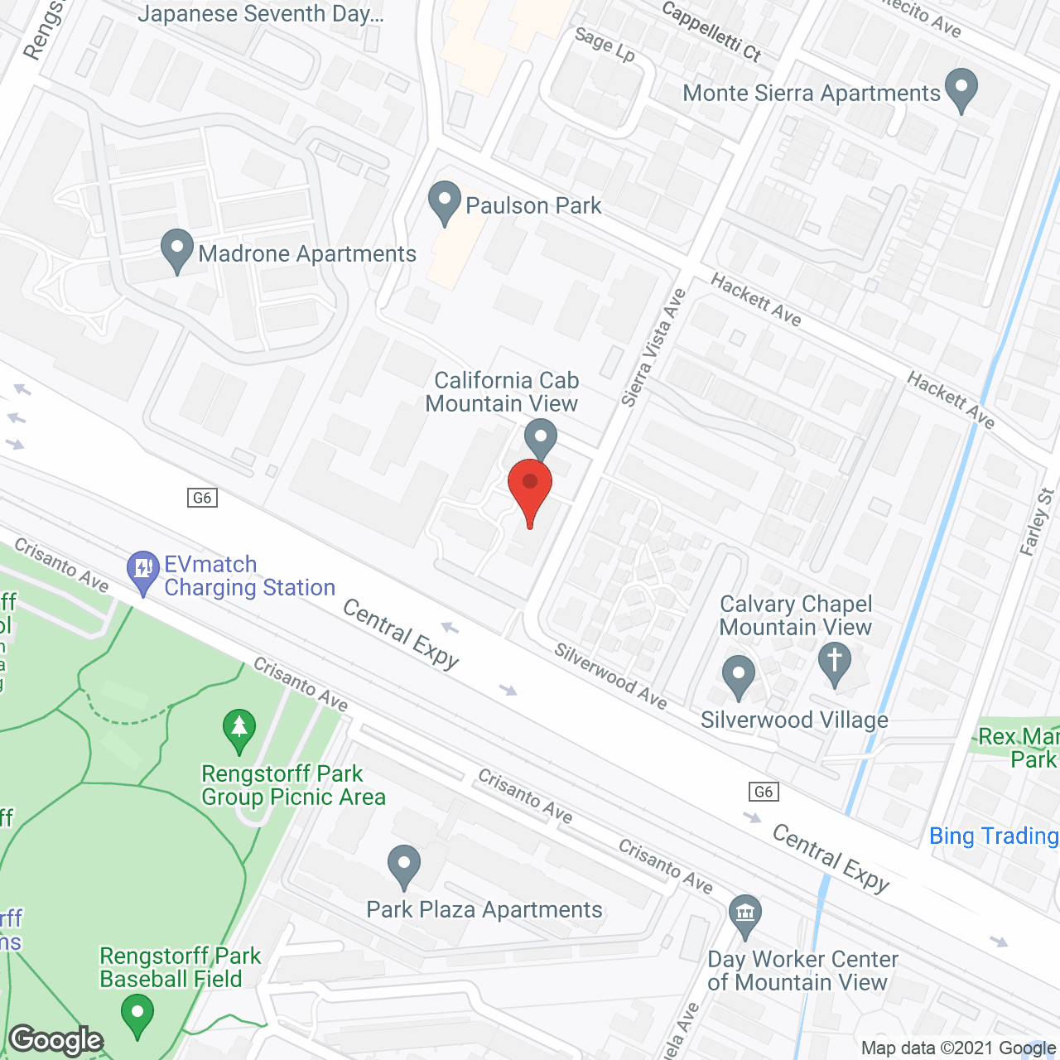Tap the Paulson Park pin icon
pos(445,202)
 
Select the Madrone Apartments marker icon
pos(176,250)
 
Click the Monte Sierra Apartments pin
pos(961,89)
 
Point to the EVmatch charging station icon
pos(143,571)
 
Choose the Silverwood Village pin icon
pos(739,677)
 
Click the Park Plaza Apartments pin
pos(404,866)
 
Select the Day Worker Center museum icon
pos(745,916)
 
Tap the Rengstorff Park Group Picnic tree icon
pos(239,730)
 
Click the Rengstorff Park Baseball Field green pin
pos(137,1014)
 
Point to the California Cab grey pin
pos(541,437)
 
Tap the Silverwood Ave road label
pos(610,676)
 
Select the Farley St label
pos(1037,522)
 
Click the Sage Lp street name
pos(605,45)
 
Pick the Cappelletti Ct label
pos(711,31)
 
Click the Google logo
pos(56,1040)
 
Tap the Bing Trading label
pos(994,836)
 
